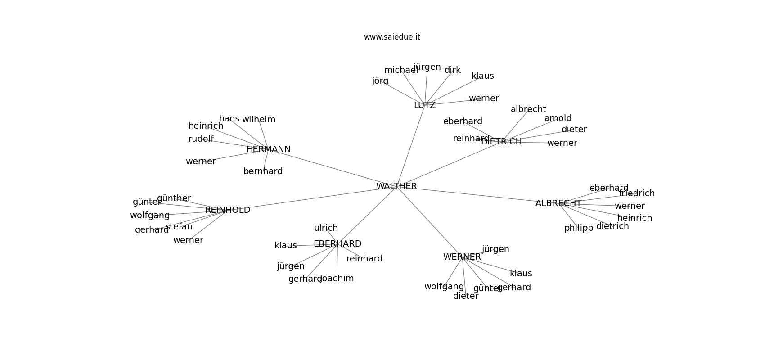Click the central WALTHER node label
pos(396,186)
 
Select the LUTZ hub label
pos(425,105)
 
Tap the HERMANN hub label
pos(269,149)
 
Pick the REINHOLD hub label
pos(228,210)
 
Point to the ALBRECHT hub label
pos(558,203)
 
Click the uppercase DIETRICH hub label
pos(501,141)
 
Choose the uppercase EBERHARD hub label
pos(337,243)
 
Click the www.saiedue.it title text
pos(392,37)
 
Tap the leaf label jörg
pos(380,81)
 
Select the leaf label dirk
pos(453,70)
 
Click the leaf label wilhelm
pos(259,120)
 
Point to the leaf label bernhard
pos(263,171)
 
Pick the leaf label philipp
pos(579,228)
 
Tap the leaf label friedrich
pos(637,193)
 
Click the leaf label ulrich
pos(326,228)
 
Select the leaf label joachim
pos(337,279)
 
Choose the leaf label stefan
pos(179,227)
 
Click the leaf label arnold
pos(558,118)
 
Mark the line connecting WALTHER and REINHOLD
pos(310,198)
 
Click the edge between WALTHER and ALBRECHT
pos(477,195)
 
